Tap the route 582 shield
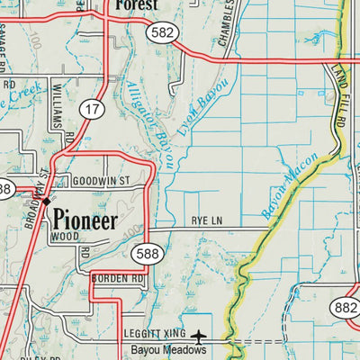163,31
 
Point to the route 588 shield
145,256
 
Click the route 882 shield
345,309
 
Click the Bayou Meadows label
168,349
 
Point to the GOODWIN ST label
102,181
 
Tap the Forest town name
136,5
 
